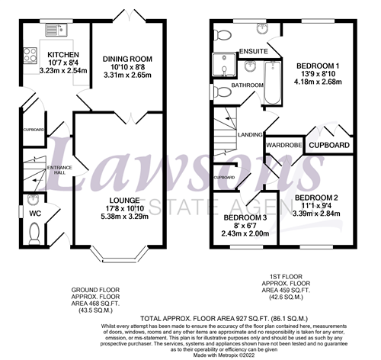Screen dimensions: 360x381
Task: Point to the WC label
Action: click(x=35, y=213)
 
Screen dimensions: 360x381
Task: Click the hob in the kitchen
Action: click(x=31, y=56)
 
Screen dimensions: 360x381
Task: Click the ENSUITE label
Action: click(x=251, y=51)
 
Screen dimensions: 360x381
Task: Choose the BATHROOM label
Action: click(x=248, y=85)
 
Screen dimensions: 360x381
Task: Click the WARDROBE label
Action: click(x=285, y=144)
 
